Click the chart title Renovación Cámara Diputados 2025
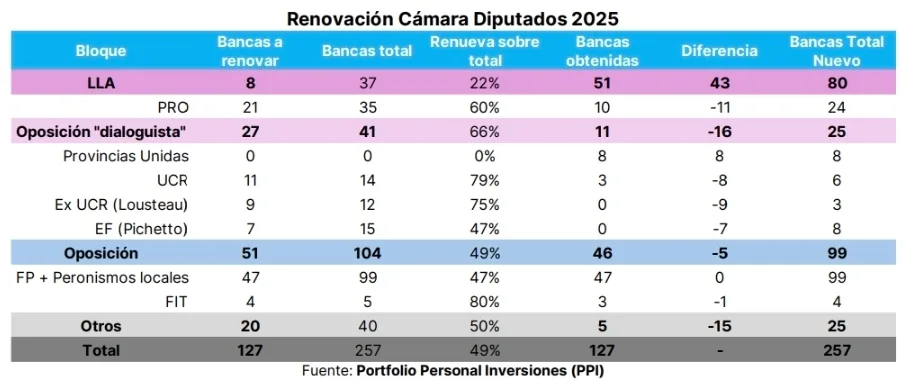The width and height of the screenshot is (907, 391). click(453, 18)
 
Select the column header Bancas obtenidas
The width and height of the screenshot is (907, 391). click(603, 50)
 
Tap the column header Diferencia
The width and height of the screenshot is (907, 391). click(719, 50)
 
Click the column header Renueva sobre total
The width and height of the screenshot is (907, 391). click(485, 50)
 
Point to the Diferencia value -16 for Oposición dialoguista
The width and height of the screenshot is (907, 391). click(719, 132)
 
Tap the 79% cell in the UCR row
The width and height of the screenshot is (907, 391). click(485, 180)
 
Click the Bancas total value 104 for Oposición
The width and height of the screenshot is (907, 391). click(367, 253)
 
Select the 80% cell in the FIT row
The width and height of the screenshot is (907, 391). click(485, 300)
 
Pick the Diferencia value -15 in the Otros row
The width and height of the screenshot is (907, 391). click(719, 326)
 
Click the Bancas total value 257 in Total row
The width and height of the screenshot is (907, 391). click(367, 350)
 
